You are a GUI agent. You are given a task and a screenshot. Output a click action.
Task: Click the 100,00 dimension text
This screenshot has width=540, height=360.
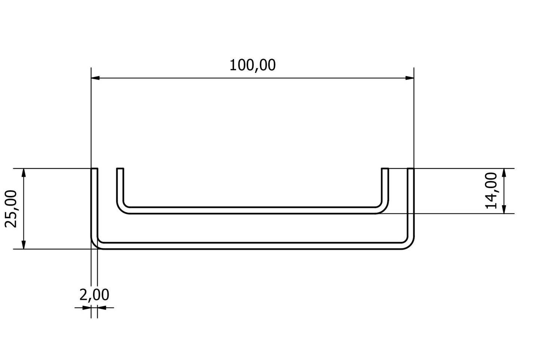point(252,65)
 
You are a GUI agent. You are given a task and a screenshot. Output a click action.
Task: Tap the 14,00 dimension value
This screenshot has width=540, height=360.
point(491,190)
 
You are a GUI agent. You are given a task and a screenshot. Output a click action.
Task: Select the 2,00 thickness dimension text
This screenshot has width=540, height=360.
point(94,295)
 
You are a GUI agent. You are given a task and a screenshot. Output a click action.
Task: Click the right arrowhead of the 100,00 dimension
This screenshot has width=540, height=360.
point(410,78)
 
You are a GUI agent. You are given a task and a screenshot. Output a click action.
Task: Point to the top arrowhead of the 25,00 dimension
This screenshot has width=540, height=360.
point(24,173)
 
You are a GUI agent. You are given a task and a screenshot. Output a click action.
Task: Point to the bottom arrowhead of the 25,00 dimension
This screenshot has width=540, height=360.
point(24,244)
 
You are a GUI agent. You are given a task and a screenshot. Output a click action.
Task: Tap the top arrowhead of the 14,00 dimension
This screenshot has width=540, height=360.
point(504,173)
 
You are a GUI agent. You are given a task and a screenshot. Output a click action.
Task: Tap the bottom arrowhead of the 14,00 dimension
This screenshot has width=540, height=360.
point(504,209)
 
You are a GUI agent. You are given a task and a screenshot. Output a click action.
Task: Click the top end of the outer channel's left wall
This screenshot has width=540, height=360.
point(95,169)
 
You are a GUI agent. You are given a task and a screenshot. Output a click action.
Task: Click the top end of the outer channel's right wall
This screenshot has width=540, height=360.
point(411,169)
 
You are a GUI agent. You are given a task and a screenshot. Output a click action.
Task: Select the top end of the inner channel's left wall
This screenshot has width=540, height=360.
point(120,169)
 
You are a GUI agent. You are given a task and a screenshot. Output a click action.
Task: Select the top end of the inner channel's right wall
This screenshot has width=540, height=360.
point(385,169)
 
